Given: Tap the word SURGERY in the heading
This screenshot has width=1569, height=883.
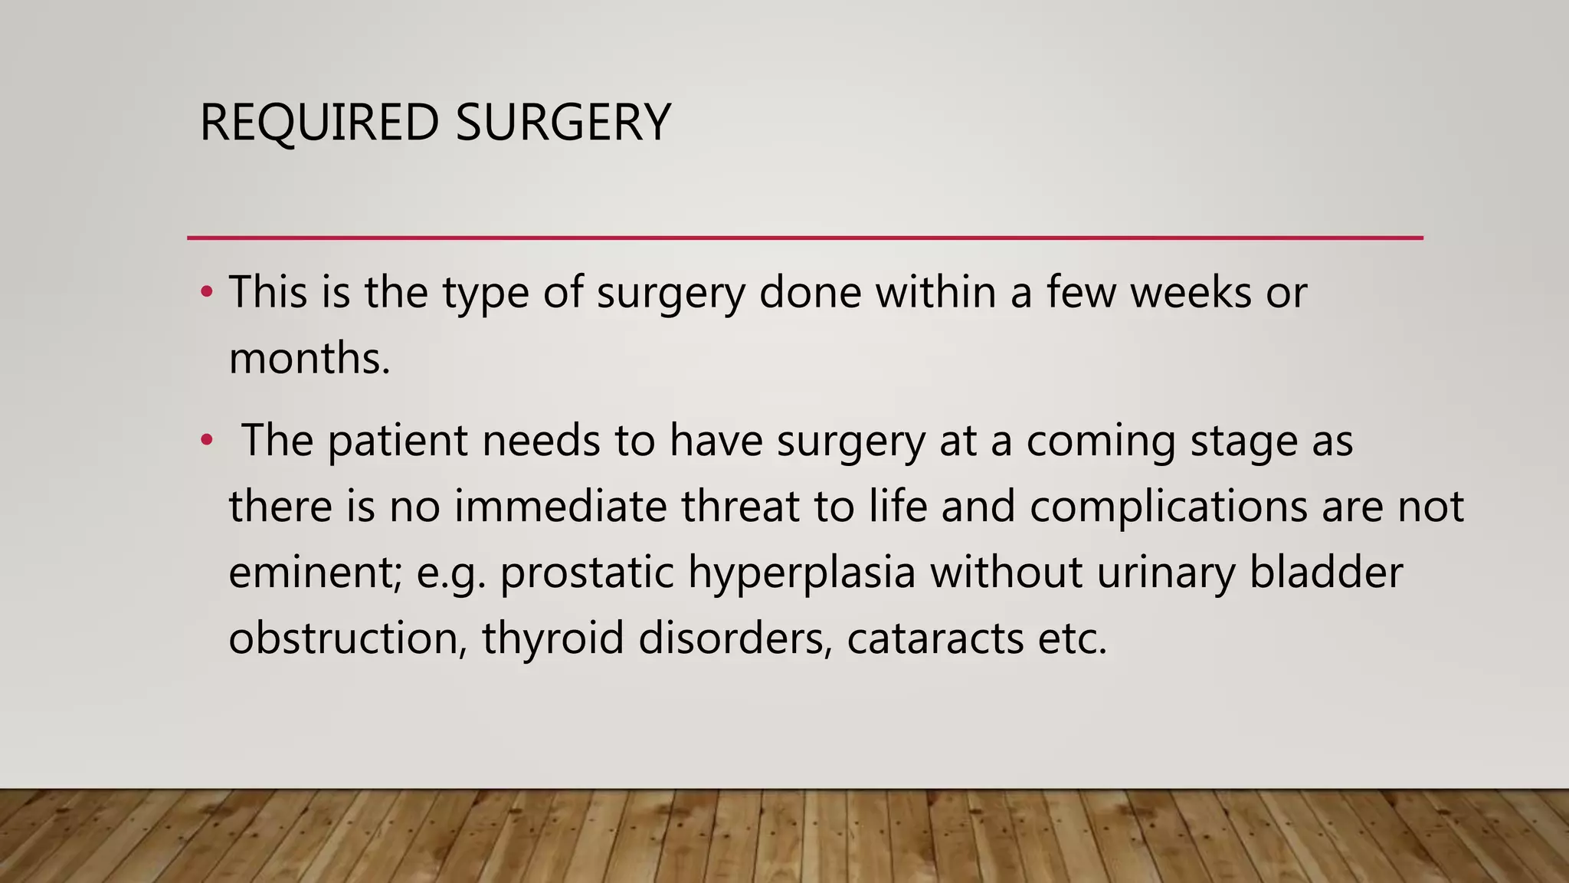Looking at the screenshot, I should pos(563,123).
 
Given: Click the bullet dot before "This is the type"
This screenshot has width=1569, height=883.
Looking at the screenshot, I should pos(206,292).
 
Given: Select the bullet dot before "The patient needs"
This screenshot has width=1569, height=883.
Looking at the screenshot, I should pos(206,441).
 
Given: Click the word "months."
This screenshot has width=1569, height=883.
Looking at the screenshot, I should pos(310,358).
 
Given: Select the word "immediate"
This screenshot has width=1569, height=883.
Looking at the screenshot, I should pos(561,507).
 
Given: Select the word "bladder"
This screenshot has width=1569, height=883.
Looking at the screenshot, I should pos(1326,573).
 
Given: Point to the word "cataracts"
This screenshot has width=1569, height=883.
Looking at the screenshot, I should pos(935,638).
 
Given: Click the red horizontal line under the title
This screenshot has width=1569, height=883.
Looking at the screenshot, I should pos(804,238).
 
